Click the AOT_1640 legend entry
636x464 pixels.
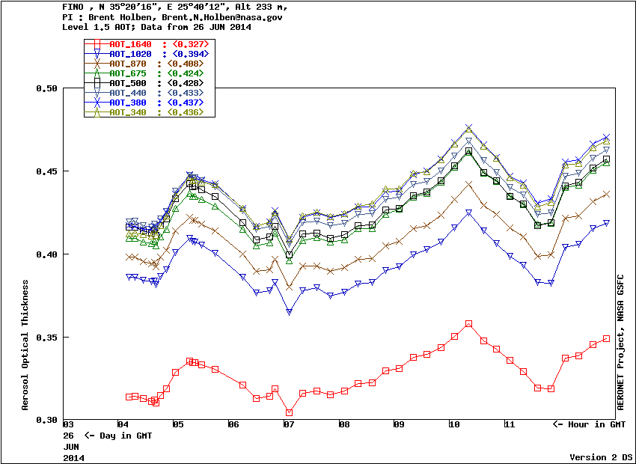pyautogui.click(x=130, y=44)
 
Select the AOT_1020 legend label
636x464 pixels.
pyautogui.click(x=130, y=54)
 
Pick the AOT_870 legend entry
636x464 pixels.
pyautogui.click(x=127, y=64)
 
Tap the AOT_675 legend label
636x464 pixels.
pyautogui.click(x=127, y=73)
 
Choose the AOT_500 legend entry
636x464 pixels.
pyautogui.click(x=127, y=83)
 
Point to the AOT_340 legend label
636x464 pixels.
pyautogui.click(x=127, y=112)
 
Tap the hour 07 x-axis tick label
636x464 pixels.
pyautogui.click(x=288, y=425)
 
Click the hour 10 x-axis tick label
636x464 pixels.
pyautogui.click(x=454, y=425)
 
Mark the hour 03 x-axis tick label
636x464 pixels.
pyautogui.click(x=67, y=425)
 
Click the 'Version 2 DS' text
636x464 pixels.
pyautogui.click(x=602, y=457)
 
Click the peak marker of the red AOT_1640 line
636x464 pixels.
pyautogui.click(x=468, y=324)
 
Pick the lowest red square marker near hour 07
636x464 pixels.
pyautogui.click(x=289, y=412)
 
